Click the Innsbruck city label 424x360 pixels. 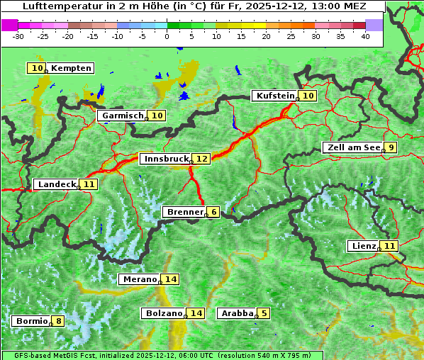coord(166,159)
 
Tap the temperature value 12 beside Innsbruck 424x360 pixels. coord(202,159)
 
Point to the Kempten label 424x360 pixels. coord(71,68)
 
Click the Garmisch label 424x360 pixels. coord(122,116)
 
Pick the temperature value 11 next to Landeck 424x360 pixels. coord(89,184)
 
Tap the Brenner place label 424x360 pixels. coord(184,212)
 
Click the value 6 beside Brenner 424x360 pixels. coord(213,212)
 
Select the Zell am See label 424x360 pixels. coord(352,147)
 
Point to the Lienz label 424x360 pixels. coord(364,246)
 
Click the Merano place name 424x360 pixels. coord(139,279)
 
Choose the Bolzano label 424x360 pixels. coord(163,313)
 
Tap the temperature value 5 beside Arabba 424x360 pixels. coord(264,313)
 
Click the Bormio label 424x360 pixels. coord(31,321)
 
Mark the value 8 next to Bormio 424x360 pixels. coord(58,321)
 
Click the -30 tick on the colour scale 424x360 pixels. coord(18,35)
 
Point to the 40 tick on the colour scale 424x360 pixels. coord(365,35)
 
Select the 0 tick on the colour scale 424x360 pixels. coord(167,35)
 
